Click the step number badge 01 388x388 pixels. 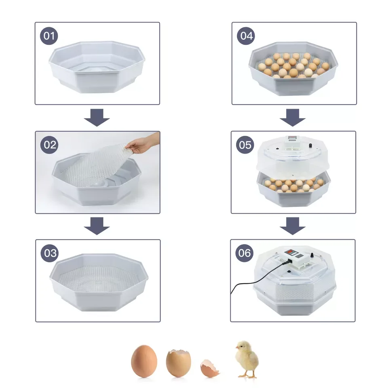click(49, 36)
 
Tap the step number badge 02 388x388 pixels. click(49, 145)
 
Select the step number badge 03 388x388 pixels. click(49, 253)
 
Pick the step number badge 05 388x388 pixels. click(245, 144)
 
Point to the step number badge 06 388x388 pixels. click(245, 253)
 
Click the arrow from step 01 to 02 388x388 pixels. click(97, 118)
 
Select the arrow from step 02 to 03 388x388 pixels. click(97, 226)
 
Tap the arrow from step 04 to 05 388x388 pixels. click(293, 118)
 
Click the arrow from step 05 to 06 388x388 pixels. click(293, 226)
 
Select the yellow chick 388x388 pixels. click(246, 358)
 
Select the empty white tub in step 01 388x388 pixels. click(97, 67)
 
